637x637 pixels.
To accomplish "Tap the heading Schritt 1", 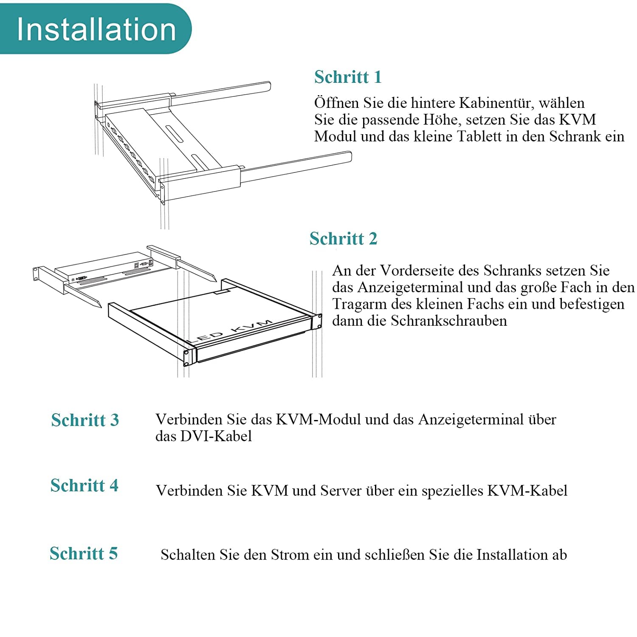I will [348, 77].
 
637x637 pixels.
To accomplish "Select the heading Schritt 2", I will [343, 238].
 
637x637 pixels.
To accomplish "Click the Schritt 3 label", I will [85, 420].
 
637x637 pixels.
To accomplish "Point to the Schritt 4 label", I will [84, 485].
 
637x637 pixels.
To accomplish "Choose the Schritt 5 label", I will [84, 553].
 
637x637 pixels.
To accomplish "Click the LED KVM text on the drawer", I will [231, 331].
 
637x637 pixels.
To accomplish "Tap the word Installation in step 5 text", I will [512, 555].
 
